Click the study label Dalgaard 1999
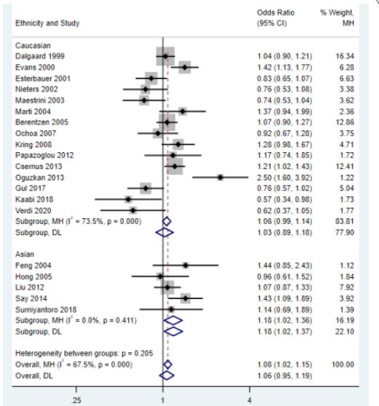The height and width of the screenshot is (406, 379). point(40,56)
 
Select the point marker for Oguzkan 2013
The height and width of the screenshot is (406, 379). point(220,178)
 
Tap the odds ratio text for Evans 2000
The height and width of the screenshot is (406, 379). point(284,68)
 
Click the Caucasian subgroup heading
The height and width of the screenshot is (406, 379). point(33,46)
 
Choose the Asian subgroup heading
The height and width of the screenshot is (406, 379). point(25,254)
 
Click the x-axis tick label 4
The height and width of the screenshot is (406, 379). point(250,400)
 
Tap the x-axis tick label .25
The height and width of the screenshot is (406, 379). point(76,400)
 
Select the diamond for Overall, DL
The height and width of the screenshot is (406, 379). point(167,375)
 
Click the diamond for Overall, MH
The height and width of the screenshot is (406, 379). point(168,365)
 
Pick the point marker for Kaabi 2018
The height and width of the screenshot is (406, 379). point(128,199)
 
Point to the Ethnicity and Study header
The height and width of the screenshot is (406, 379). point(47,23)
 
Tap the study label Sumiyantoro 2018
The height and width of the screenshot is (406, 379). point(46,310)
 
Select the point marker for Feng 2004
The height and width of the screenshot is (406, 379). point(185,266)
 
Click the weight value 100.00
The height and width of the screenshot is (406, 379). point(343,365)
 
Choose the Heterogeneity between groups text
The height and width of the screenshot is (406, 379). point(84,354)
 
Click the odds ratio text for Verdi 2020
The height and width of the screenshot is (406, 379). point(284,211)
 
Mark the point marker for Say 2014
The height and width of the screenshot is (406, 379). point(185,298)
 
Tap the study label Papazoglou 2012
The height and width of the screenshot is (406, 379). point(44,156)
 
